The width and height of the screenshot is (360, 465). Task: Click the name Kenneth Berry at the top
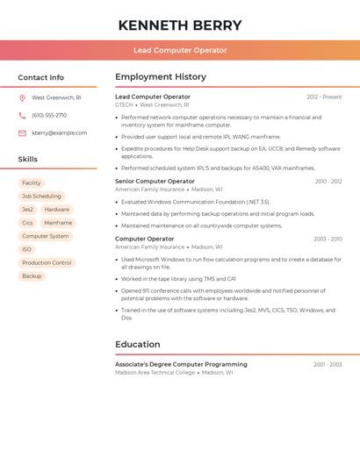180,25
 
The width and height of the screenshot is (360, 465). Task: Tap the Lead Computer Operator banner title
180,51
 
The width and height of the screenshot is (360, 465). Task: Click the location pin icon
22,98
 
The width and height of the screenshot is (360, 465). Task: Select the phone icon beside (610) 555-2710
22,116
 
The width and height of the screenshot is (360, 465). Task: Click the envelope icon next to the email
22,133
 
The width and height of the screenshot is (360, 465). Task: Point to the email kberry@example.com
60,133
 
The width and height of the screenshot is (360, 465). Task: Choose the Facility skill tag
32,183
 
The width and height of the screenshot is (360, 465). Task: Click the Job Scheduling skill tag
41,197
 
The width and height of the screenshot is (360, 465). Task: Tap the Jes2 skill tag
27,210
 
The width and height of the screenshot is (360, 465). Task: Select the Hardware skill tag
57,210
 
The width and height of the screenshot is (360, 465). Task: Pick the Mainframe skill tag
58,223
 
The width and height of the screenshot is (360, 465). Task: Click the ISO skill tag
26,250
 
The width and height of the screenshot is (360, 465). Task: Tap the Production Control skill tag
47,263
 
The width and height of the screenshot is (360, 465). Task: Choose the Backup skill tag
32,276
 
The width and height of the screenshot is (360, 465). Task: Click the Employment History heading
161,77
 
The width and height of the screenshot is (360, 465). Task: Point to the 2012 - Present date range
324,97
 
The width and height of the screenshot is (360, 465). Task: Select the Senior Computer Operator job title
155,182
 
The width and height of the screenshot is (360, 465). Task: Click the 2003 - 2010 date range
328,239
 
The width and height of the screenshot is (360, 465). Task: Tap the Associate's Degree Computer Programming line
181,364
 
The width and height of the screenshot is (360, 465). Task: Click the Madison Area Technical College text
155,373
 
